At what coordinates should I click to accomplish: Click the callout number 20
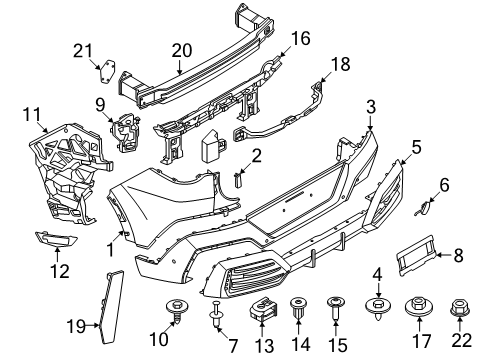pos(182,51)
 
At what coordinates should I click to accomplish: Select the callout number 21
pos(83,51)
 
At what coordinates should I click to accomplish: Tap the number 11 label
pos(32,114)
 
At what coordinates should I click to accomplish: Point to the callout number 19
pos(76,326)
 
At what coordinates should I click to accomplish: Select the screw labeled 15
pos(336,307)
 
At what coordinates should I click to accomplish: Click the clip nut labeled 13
pos(264,308)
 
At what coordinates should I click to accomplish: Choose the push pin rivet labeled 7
pos(217,314)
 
